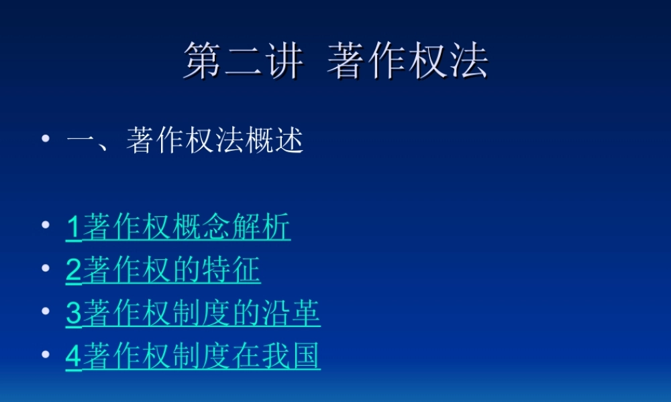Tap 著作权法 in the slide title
click(407, 62)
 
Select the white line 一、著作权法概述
click(185, 141)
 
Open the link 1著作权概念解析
click(178, 228)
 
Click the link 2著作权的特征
click(163, 270)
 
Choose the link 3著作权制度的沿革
click(193, 313)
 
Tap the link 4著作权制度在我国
click(193, 356)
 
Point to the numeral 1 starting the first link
click(73, 228)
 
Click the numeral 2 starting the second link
click(73, 271)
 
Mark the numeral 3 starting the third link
click(73, 314)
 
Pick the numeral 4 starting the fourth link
click(73, 356)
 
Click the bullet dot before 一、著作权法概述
click(46, 139)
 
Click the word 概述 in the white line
click(274, 141)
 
